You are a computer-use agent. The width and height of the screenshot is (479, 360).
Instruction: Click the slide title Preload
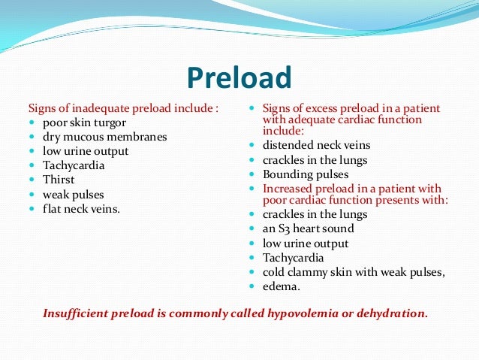click(238, 78)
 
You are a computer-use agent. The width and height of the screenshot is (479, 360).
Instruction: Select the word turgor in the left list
click(110, 123)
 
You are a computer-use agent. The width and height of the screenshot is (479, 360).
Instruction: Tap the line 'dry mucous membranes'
click(104, 138)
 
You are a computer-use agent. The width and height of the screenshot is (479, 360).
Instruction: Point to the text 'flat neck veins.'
click(81, 208)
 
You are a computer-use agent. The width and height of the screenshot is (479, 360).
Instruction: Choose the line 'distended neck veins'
click(317, 145)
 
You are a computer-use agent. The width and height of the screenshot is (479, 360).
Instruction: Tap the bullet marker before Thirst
click(32, 180)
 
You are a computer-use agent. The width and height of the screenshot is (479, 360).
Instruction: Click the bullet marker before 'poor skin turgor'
click(32, 123)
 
